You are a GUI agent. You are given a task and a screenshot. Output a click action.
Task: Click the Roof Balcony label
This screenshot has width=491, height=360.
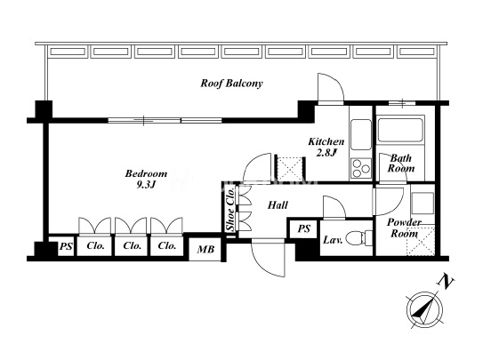[x=231, y=84]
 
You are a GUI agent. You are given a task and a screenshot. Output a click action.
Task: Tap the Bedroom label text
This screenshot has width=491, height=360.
[x=146, y=173]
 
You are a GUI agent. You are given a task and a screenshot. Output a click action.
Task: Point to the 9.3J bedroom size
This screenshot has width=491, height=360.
[x=146, y=185]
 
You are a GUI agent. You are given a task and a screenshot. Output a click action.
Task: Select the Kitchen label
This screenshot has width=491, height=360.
[x=326, y=142]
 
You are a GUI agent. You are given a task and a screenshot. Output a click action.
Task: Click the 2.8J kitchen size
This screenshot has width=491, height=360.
[x=326, y=153]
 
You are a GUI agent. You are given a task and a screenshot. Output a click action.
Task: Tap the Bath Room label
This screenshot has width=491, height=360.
[x=401, y=163]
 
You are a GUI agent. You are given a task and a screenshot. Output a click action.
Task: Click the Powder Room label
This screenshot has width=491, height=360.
[x=404, y=228]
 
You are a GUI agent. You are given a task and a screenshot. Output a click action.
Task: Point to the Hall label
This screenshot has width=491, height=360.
[x=278, y=205]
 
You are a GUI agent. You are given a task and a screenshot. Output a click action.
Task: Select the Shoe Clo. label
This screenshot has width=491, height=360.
[x=230, y=209]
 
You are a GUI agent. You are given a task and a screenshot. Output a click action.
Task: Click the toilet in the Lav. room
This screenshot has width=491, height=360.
[x=359, y=238]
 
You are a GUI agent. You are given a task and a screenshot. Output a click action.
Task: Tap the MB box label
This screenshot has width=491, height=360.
[x=205, y=249]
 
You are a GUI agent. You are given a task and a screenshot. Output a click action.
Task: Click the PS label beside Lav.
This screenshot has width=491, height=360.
[x=303, y=228]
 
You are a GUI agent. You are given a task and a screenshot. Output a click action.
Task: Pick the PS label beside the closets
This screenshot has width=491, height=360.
[x=66, y=247]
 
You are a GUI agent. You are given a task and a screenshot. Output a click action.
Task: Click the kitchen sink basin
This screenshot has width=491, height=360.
[x=361, y=134]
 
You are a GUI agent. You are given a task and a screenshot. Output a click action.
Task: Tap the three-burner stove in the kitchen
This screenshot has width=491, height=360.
[x=361, y=168]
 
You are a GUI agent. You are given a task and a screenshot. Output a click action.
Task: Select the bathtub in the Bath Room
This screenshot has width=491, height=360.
[x=400, y=130]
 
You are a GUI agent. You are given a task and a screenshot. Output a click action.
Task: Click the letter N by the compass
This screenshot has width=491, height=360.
[x=446, y=281]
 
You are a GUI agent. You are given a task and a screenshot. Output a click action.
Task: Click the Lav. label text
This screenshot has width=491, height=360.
[x=333, y=240]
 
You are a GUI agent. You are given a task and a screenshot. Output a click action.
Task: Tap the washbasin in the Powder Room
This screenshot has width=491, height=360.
[x=423, y=204]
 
